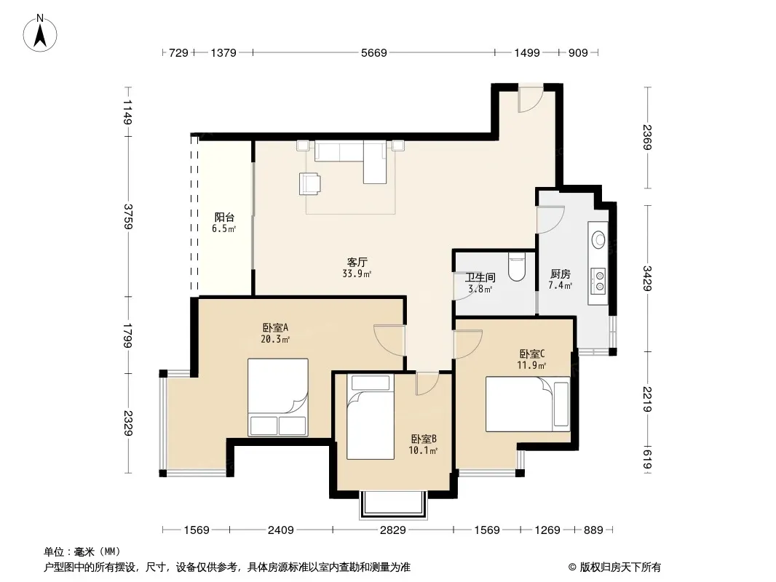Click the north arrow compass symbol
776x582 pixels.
(x=40, y=33)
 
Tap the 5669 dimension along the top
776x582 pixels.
(x=373, y=52)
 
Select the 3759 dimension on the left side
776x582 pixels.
(x=128, y=216)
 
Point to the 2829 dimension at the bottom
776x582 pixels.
(x=392, y=530)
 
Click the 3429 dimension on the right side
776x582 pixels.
(x=647, y=278)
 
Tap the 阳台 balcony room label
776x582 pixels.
(x=224, y=217)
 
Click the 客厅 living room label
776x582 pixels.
(x=357, y=262)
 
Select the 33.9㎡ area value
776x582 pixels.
(x=357, y=274)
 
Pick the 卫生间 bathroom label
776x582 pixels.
(x=480, y=277)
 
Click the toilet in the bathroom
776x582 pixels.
(x=517, y=267)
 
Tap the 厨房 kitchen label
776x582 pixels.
(x=561, y=274)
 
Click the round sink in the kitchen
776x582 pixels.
(x=599, y=240)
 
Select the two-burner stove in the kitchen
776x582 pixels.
(x=599, y=280)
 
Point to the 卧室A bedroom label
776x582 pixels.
(x=275, y=327)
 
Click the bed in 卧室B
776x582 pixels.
(x=371, y=417)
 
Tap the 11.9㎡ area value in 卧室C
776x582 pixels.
(x=531, y=365)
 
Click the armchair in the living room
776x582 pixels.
(x=309, y=183)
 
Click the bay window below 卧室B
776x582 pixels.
(x=393, y=505)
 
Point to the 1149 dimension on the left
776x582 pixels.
(x=128, y=112)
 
